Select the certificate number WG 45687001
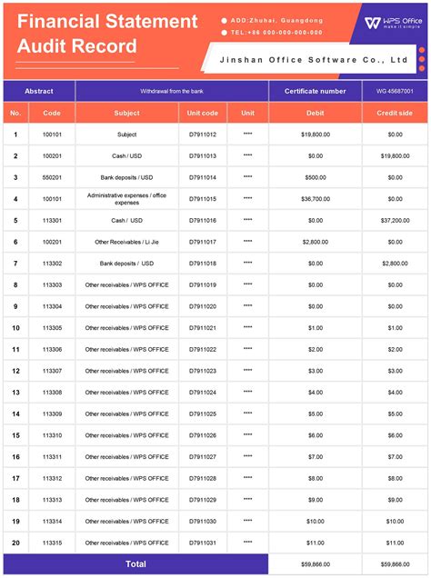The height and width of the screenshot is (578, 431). tap(395, 92)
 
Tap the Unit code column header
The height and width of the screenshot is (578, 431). tap(203, 114)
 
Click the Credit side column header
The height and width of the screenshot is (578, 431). tap(395, 114)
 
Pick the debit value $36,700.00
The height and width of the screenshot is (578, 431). tap(316, 198)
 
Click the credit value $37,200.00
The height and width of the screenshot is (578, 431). tap(395, 220)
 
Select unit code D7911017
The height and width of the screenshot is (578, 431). tap(203, 242)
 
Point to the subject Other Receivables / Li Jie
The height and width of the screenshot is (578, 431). tap(126, 242)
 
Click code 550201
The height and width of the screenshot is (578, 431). tap(52, 177)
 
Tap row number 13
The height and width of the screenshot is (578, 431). tap(15, 392)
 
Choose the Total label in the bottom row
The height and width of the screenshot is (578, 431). tap(135, 564)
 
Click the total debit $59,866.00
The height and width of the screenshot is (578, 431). tap(316, 564)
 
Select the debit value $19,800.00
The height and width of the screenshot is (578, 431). tap(316, 135)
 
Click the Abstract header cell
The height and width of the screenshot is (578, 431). tap(38, 92)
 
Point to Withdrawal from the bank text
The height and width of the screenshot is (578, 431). tap(172, 92)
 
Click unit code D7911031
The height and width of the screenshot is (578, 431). tap(203, 543)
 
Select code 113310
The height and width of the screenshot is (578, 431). tap(52, 435)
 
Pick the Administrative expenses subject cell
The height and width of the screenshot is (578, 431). tap(126, 198)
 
